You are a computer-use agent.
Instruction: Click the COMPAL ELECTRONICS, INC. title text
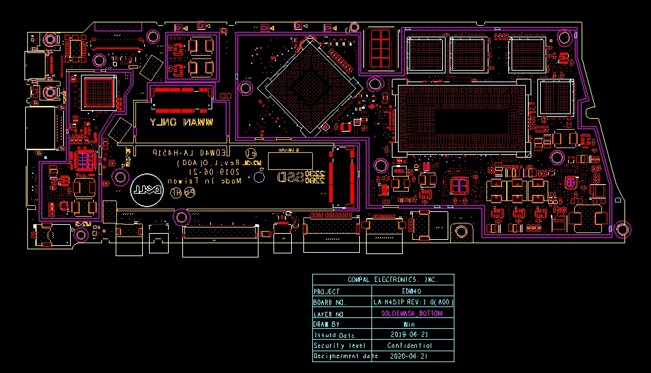point(383,280)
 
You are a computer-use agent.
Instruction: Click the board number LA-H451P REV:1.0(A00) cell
point(413,302)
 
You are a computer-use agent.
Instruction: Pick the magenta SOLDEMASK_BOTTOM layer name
point(412,313)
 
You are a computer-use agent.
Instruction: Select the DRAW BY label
point(327,324)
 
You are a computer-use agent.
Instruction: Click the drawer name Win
point(409,324)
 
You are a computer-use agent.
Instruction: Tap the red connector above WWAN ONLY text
point(181,99)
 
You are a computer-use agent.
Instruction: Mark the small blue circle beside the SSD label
point(258,179)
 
